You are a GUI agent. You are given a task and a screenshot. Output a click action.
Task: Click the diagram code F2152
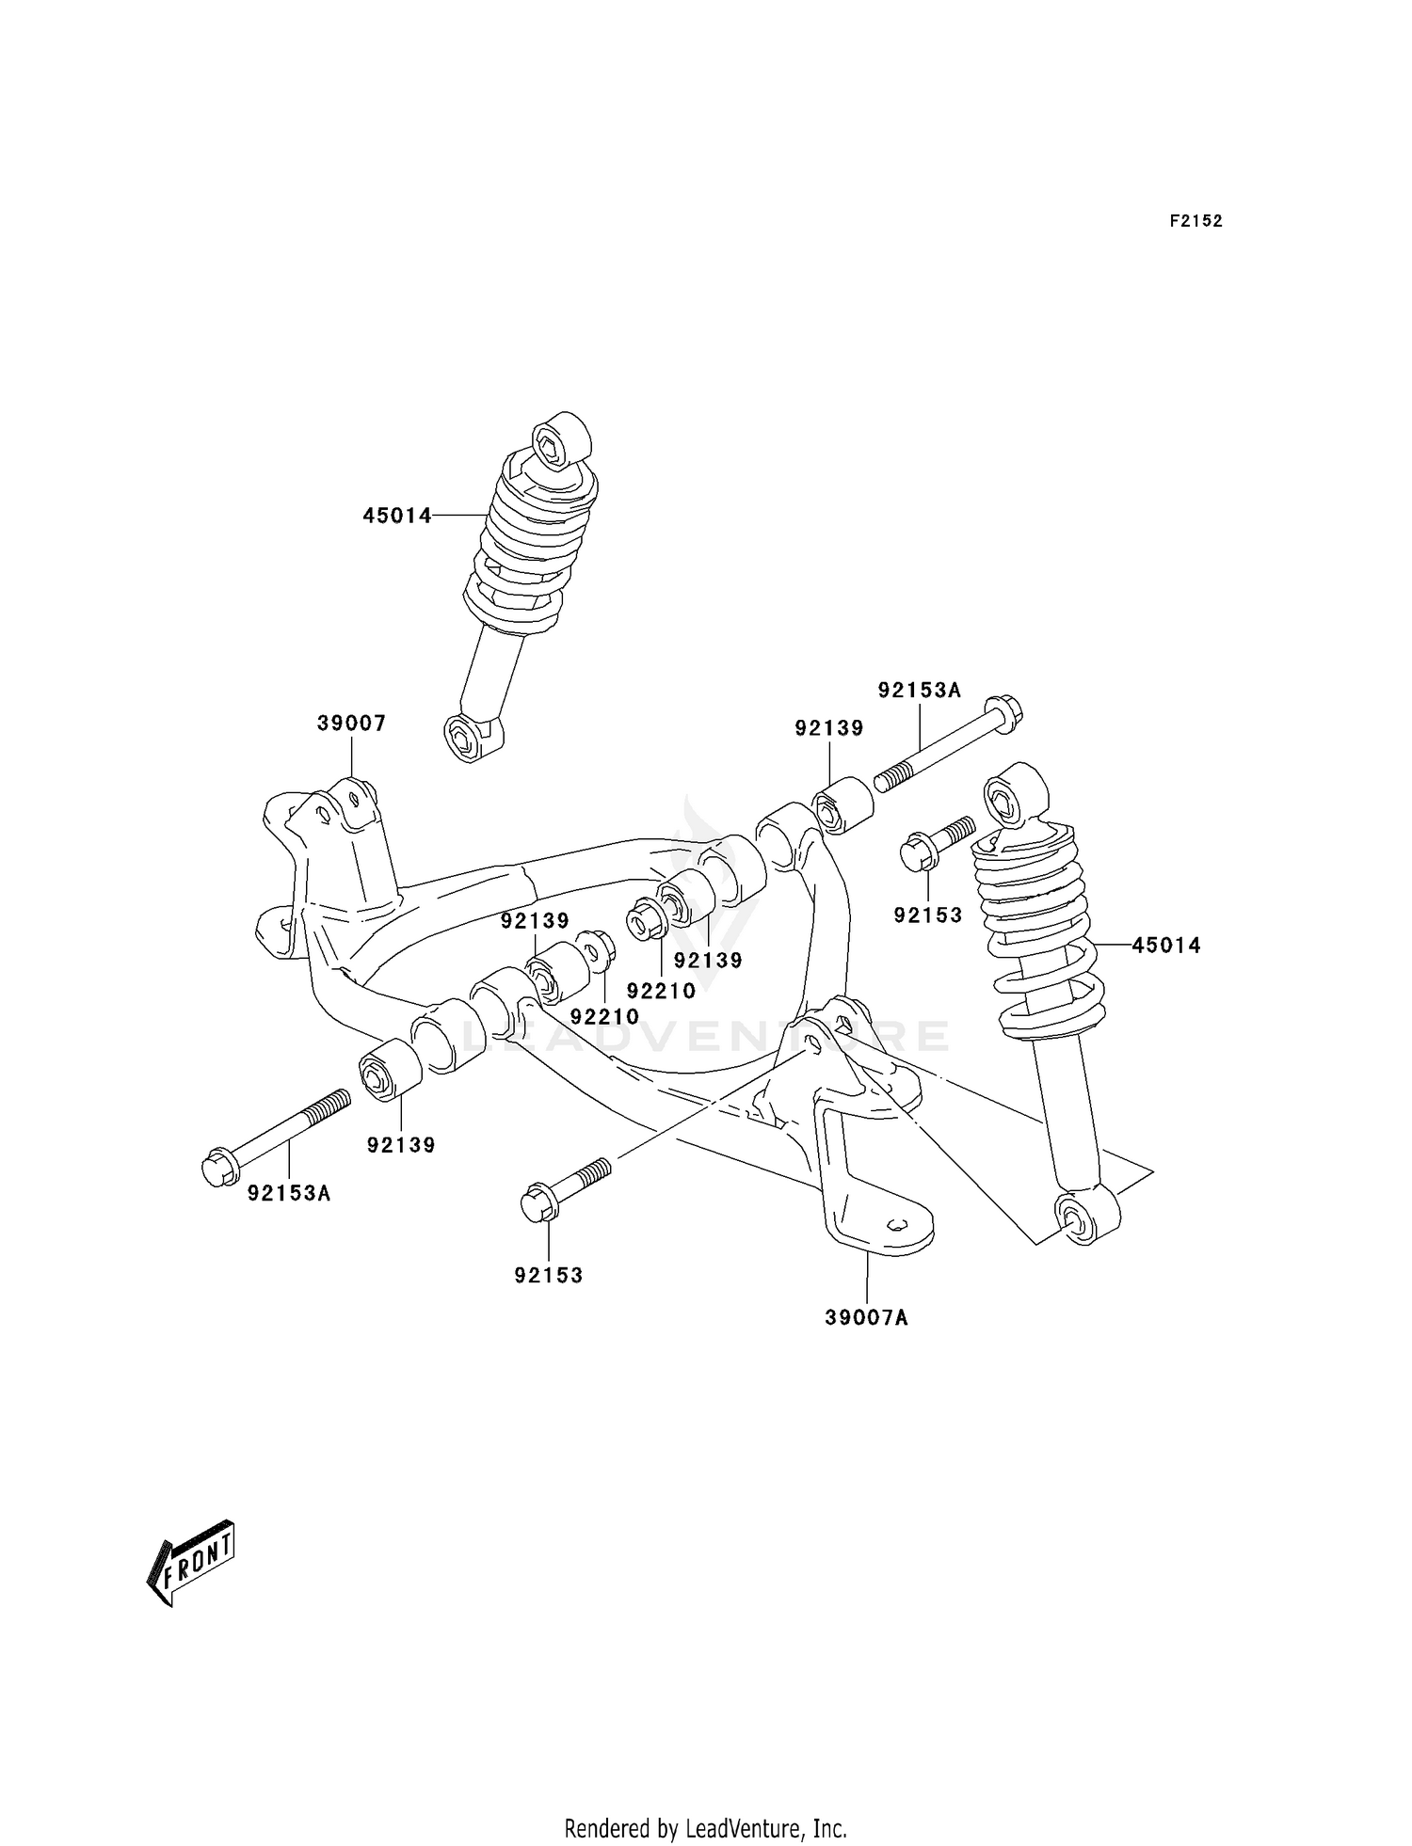coord(1195,221)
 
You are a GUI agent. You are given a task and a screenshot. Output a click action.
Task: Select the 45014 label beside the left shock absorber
coord(397,516)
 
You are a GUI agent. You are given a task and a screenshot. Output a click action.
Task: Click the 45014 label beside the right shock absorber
coord(1166,946)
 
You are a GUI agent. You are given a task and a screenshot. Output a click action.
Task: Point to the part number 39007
coord(351,724)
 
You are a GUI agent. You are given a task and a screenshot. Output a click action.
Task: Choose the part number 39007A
coord(866,1318)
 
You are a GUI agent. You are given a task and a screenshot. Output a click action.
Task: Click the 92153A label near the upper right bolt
coord(919,691)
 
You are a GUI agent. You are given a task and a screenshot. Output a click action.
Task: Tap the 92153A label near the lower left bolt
coord(289,1194)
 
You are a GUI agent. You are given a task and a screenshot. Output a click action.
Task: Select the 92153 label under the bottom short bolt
coord(549,1276)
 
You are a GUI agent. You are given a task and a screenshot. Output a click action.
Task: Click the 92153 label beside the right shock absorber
coord(928,915)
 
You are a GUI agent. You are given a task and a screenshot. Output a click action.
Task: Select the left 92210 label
coord(604,1016)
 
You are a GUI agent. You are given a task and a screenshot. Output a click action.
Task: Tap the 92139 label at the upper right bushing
coord(828,728)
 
